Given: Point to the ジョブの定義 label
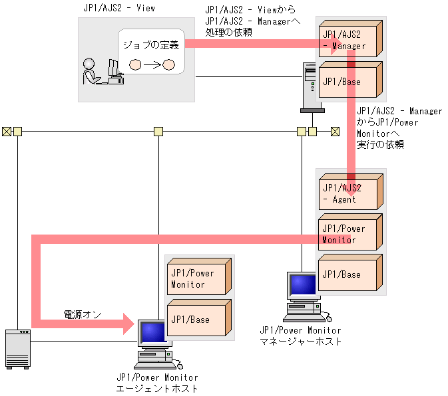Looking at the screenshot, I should tap(150, 46).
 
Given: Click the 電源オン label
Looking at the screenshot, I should tap(82, 314).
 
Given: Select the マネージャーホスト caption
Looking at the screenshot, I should tap(300, 341).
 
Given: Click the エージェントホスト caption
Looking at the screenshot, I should tap(157, 388).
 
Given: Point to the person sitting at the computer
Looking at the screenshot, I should tap(90, 71).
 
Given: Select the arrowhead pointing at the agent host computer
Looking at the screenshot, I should tap(129, 324).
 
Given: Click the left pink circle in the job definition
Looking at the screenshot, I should tap(135, 65).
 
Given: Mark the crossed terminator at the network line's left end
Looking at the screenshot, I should tap(6, 131).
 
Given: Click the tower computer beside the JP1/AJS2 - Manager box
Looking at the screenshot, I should tap(310, 84).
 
